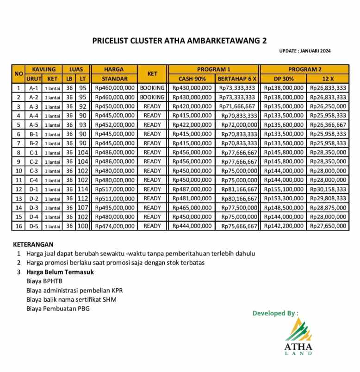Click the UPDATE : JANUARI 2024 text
(x=305, y=51)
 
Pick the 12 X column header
(x=328, y=79)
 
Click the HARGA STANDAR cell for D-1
(x=115, y=189)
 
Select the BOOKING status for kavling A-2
(x=152, y=97)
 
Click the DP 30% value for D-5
(x=284, y=226)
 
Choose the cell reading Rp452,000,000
(x=115, y=125)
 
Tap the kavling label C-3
(x=33, y=171)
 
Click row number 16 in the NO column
(x=19, y=226)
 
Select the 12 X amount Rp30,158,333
(x=328, y=189)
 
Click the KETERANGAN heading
(x=33, y=244)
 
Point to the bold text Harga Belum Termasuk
(x=60, y=272)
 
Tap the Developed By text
(x=275, y=313)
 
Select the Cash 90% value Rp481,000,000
(x=192, y=198)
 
